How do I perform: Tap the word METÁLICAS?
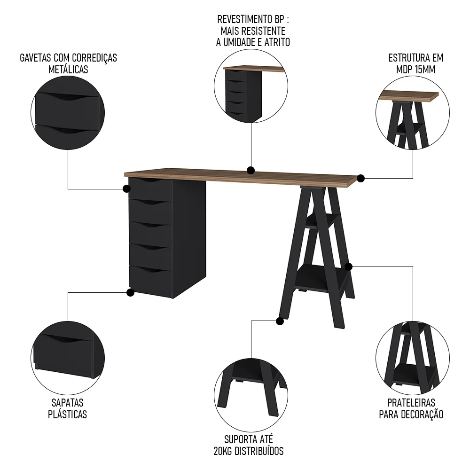click(68, 70)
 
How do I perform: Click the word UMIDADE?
click(243, 42)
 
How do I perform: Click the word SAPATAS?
click(67, 403)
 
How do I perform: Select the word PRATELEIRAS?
click(411, 403)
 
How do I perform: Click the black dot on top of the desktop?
click(251, 170)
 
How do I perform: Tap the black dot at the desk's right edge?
click(360, 178)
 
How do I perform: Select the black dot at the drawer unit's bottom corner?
click(130, 293)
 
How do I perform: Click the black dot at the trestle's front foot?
click(280, 321)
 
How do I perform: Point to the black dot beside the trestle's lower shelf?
click(348, 266)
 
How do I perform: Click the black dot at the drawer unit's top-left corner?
click(126, 188)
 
